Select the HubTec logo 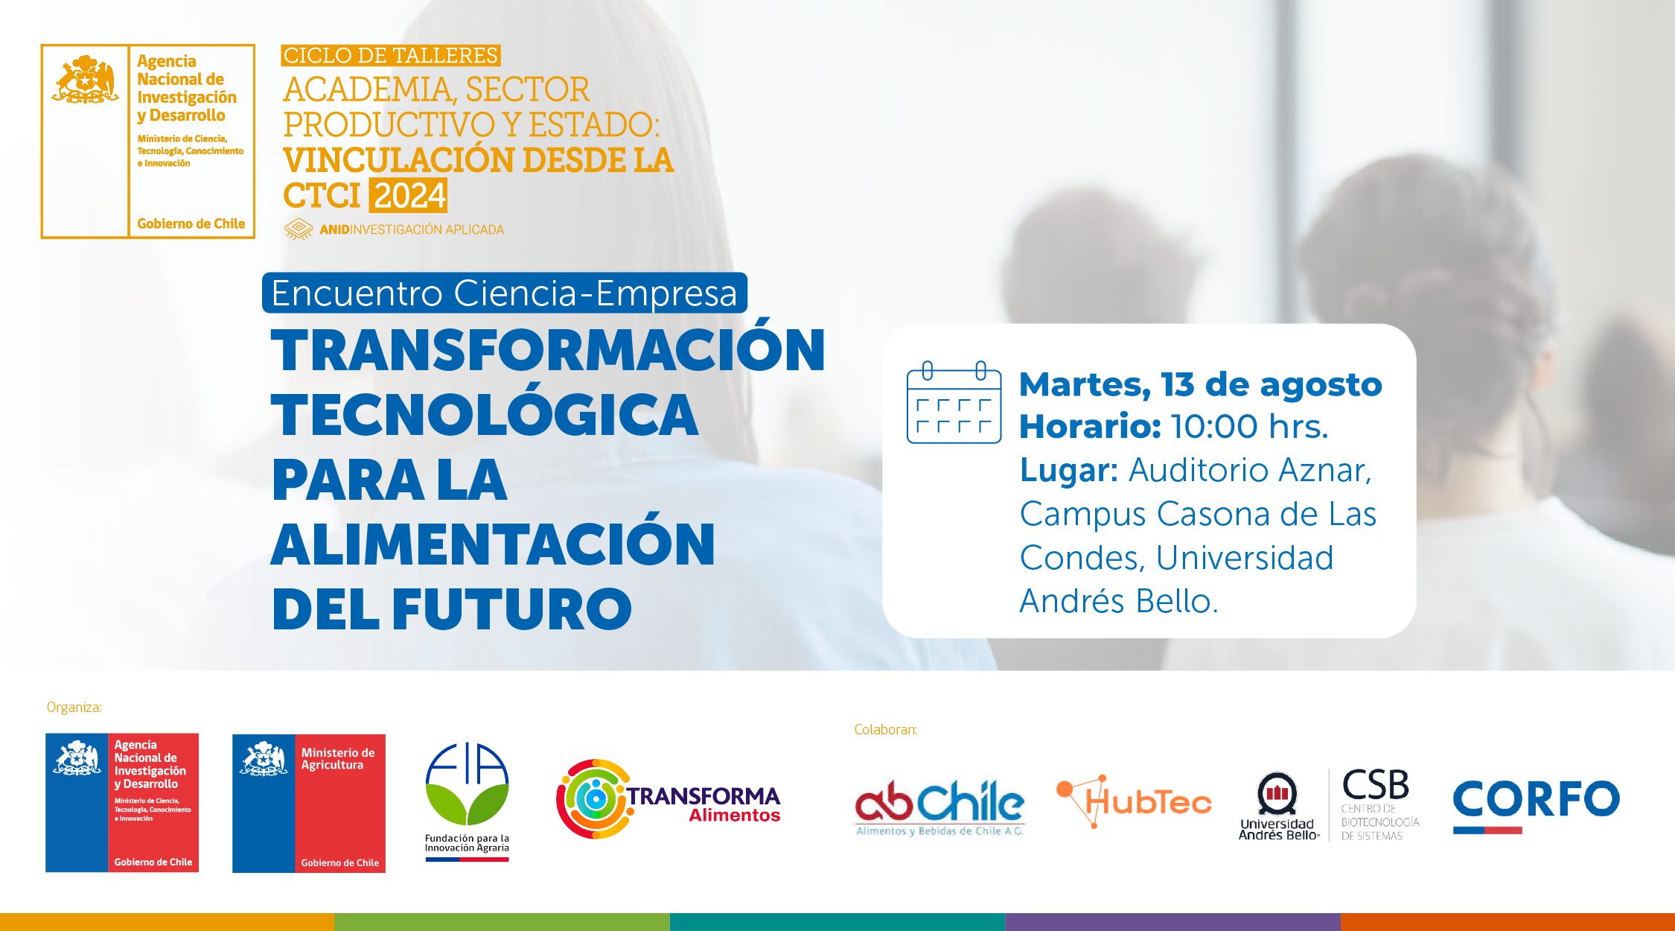[1134, 801]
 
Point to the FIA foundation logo [467, 801]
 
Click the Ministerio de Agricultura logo [309, 803]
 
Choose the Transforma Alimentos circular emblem [594, 799]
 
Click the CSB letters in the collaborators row [1376, 785]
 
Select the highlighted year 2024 [409, 196]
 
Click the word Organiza [74, 707]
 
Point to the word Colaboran [886, 729]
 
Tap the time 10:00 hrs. [1250, 427]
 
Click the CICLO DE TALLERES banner [391, 56]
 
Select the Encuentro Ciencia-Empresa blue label [505, 293]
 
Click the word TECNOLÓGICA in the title [485, 414]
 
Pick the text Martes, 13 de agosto [1201, 385]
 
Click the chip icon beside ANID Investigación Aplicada [299, 229]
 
